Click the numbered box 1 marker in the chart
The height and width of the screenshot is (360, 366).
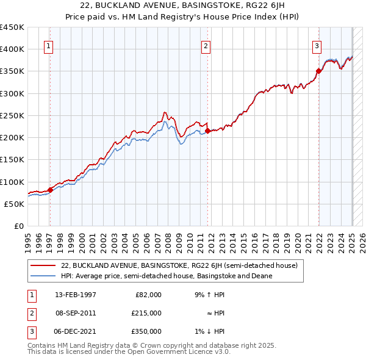pos(48,45)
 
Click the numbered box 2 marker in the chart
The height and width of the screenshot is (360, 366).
pos(206,45)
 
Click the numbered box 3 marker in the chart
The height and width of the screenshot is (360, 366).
pos(317,45)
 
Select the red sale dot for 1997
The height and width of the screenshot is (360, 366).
pos(50,190)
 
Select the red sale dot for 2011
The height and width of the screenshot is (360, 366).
pos(208,131)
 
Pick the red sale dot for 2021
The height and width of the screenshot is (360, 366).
pos(318,71)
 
